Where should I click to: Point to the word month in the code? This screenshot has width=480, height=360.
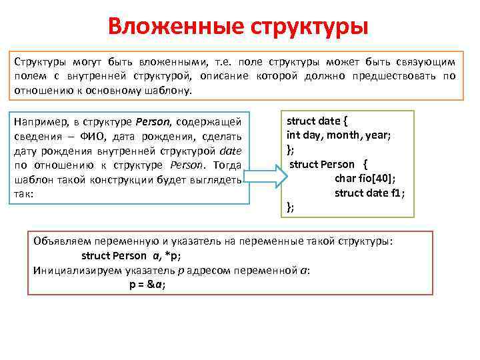coord(346,135)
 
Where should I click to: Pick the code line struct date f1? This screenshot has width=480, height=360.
coord(369,193)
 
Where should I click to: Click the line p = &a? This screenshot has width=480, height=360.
coord(147,284)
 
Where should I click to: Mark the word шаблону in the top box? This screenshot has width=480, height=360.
coord(168,90)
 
